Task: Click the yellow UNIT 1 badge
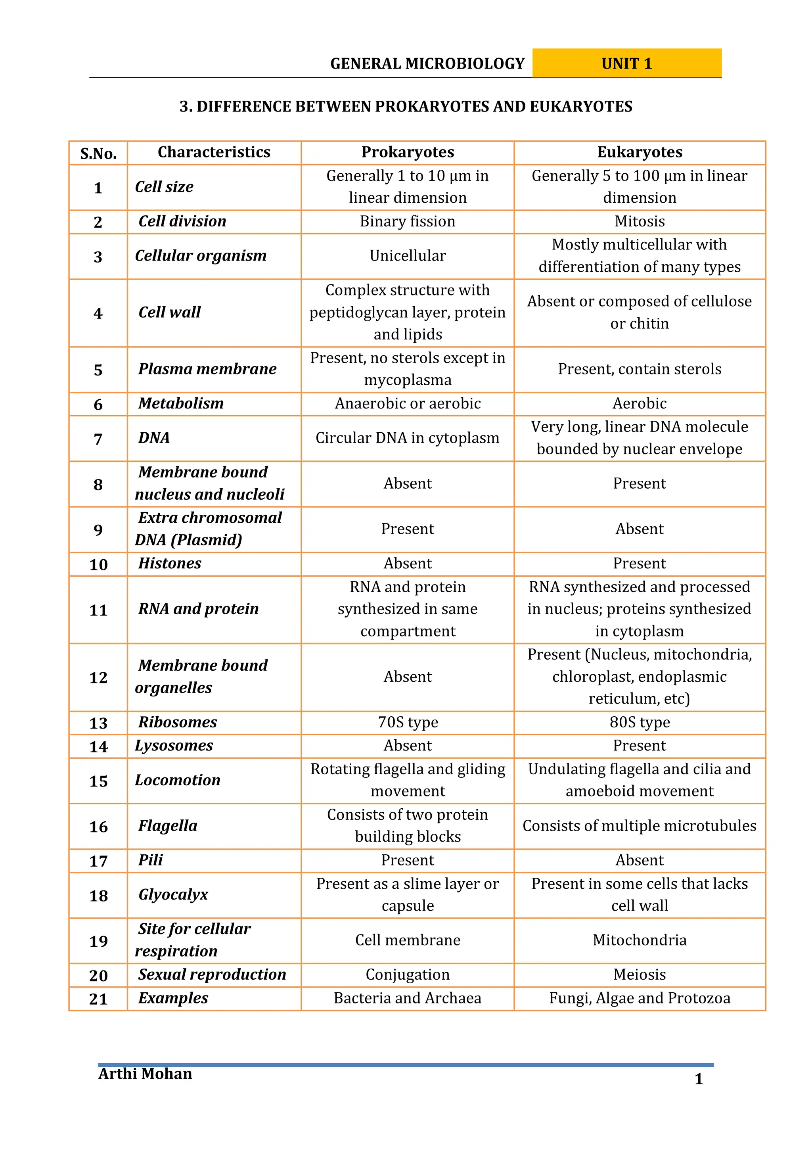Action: [x=626, y=63]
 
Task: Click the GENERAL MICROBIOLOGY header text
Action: [x=427, y=63]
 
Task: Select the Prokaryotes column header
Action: [x=407, y=152]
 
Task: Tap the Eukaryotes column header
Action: [x=640, y=152]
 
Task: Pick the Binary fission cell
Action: [x=407, y=221]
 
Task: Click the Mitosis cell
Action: [x=640, y=221]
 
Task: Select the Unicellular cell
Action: [x=407, y=256]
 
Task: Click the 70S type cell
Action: [x=407, y=722]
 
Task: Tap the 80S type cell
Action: [x=640, y=722]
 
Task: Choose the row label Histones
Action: [x=170, y=564]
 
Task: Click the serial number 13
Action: [x=98, y=723]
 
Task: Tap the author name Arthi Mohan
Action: [x=145, y=1074]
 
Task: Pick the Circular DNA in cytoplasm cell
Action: [x=407, y=438]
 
